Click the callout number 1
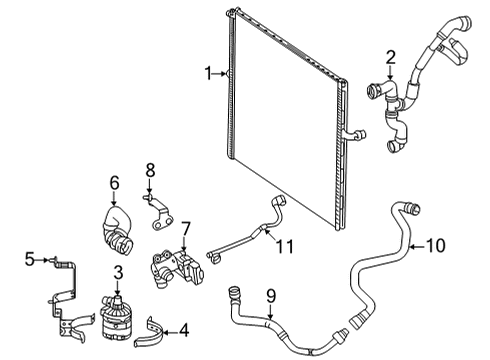pos(208,73)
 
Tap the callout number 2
pos(390,57)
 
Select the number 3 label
pos(118,272)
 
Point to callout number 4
pos(184,330)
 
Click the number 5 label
pos(30,259)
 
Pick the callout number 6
pos(114,183)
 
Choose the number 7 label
pos(185,229)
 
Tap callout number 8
pos(150,170)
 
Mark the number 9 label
pos(271,296)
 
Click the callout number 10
pos(435,246)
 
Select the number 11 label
pos(284,247)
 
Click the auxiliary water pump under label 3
pos(114,318)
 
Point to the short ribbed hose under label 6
pos(117,231)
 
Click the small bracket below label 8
pos(159,212)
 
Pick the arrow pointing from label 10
pos(417,247)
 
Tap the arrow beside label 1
pos(221,74)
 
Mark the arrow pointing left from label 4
pos(170,332)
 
